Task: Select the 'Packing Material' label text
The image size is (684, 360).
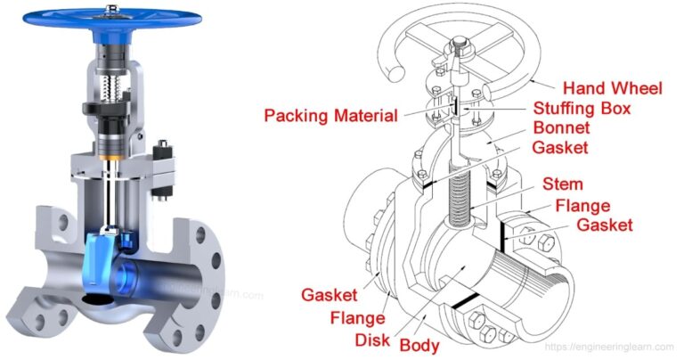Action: point(330,115)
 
